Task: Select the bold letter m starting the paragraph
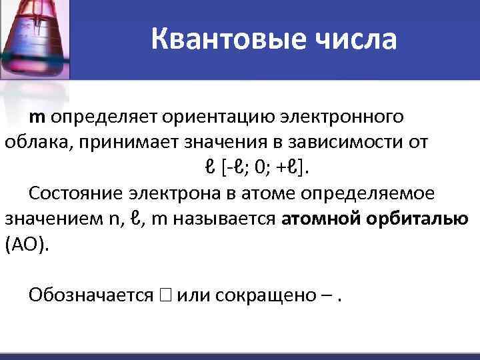click(37, 117)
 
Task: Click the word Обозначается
click(91, 295)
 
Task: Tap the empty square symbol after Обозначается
click(164, 295)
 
